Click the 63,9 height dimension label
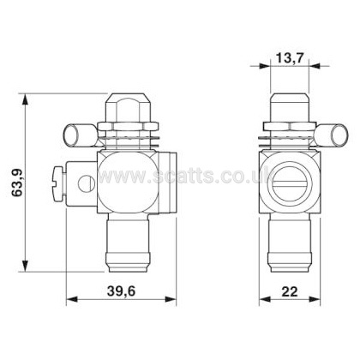coord(17,183)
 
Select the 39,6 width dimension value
coord(121,291)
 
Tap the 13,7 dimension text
coord(289,58)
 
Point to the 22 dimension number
coord(290,291)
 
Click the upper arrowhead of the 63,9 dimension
coord(26,99)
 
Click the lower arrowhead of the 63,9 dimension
coord(26,266)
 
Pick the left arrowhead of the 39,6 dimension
coord(72,299)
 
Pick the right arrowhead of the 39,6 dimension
coord(171,299)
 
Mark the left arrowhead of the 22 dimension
coord(265,299)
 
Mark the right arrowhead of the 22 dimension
coord(315,299)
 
